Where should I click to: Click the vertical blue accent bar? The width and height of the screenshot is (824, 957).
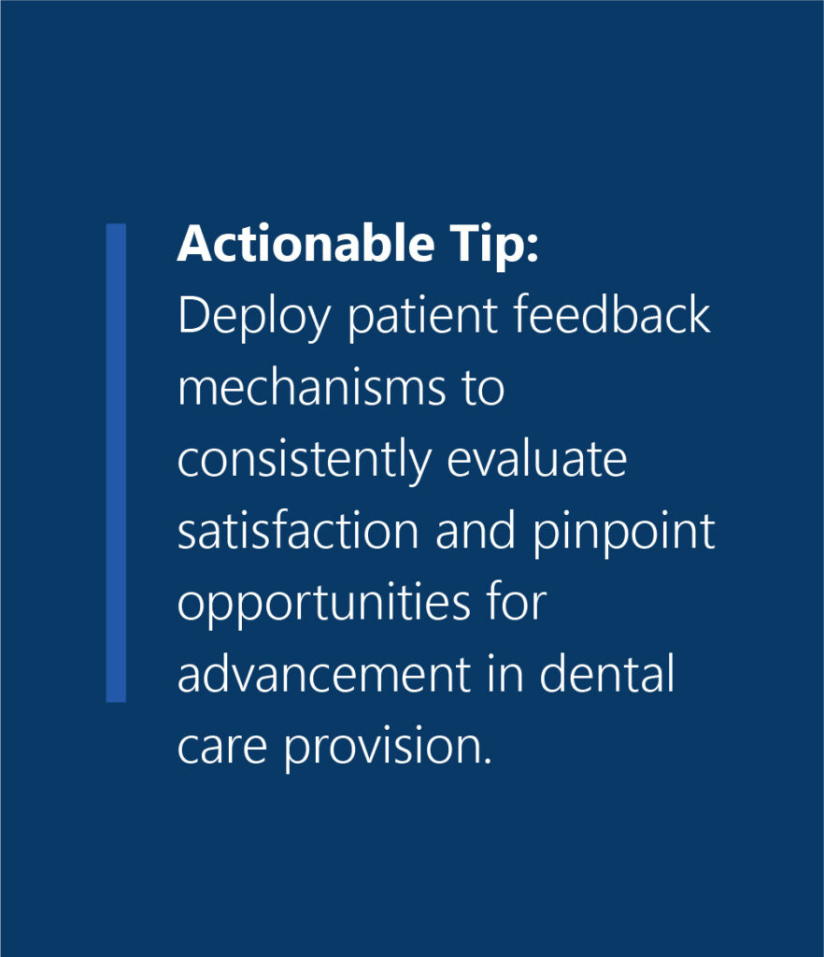coord(116,462)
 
